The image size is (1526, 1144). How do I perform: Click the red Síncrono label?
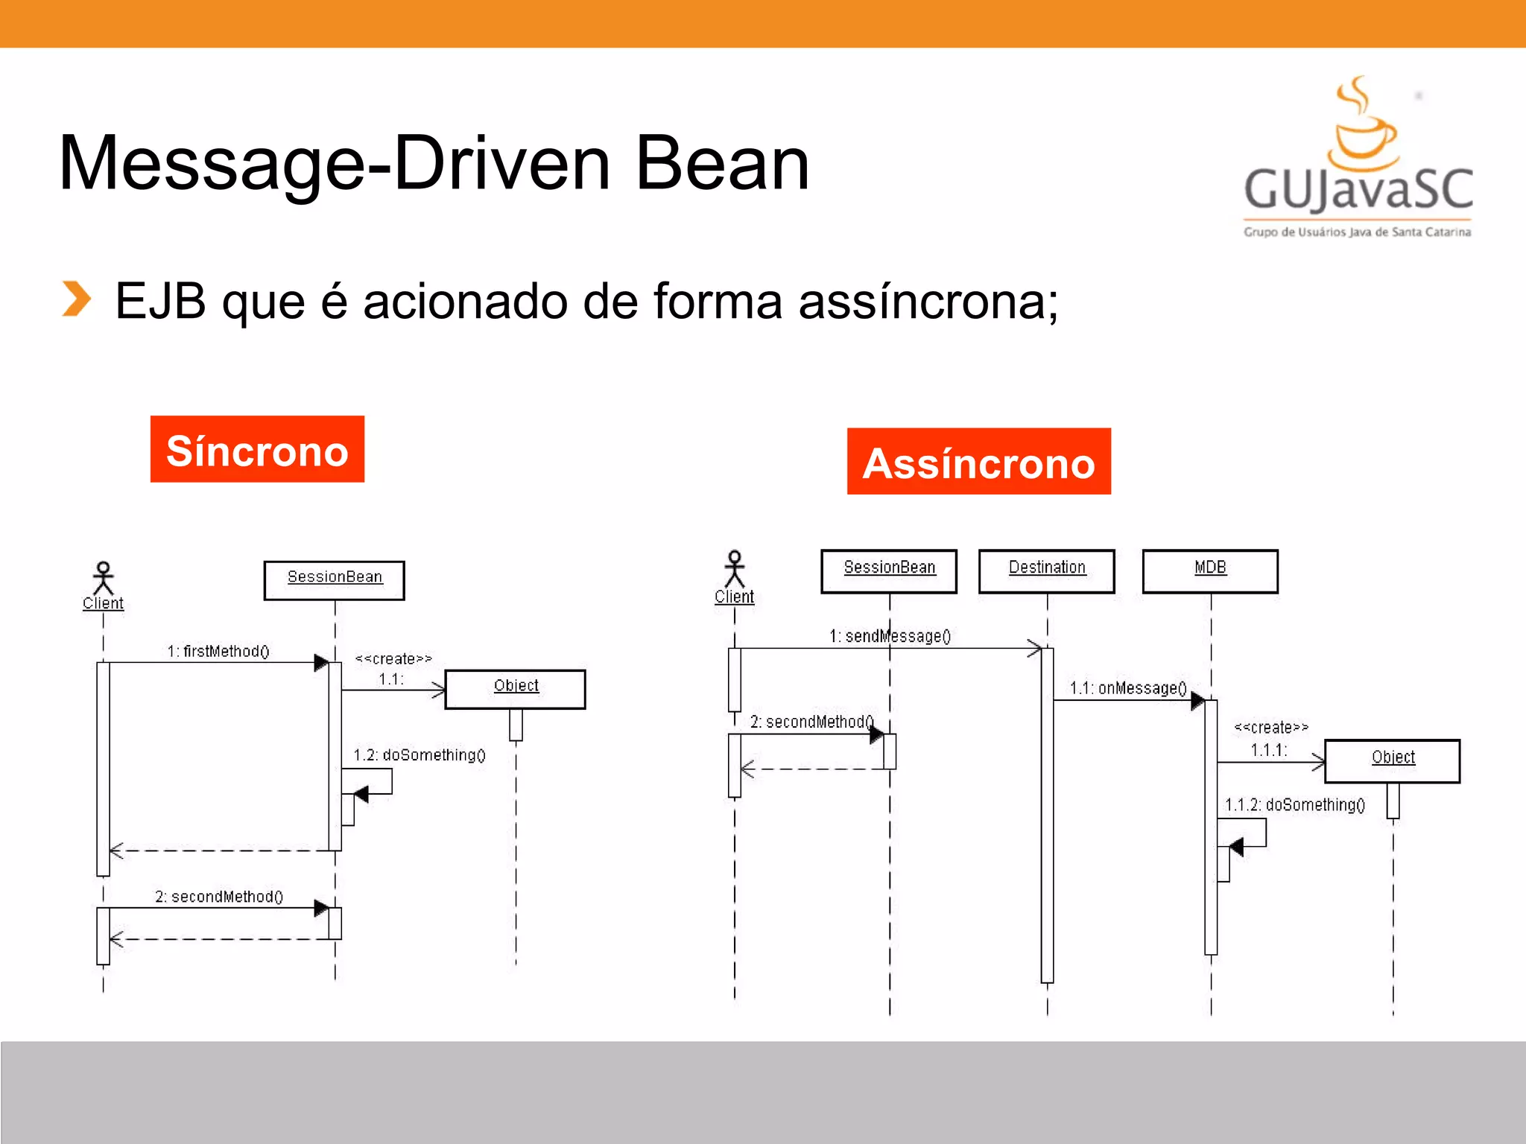257,449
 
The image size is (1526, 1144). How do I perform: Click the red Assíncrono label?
978,462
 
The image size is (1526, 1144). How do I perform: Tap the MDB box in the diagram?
1210,571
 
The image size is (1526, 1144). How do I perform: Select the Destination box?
1047,571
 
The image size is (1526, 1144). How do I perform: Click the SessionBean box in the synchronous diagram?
334,580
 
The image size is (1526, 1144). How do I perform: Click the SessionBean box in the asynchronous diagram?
889,571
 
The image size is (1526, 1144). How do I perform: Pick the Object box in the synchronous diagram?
515,689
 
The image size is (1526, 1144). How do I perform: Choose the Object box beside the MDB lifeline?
1392,760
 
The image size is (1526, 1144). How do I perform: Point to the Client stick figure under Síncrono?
103,579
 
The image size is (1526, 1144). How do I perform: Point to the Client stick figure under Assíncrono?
735,570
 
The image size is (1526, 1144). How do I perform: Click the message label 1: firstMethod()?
218,651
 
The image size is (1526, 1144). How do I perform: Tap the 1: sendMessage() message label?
890,636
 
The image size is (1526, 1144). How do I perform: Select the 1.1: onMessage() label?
1127,688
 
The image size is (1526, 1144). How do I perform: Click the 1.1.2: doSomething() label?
1295,804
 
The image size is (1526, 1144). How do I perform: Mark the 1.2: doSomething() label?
419,755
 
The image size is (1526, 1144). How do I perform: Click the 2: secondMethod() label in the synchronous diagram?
219,897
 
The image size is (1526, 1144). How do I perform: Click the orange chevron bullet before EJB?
76,299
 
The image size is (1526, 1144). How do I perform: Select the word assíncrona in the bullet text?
928,302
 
